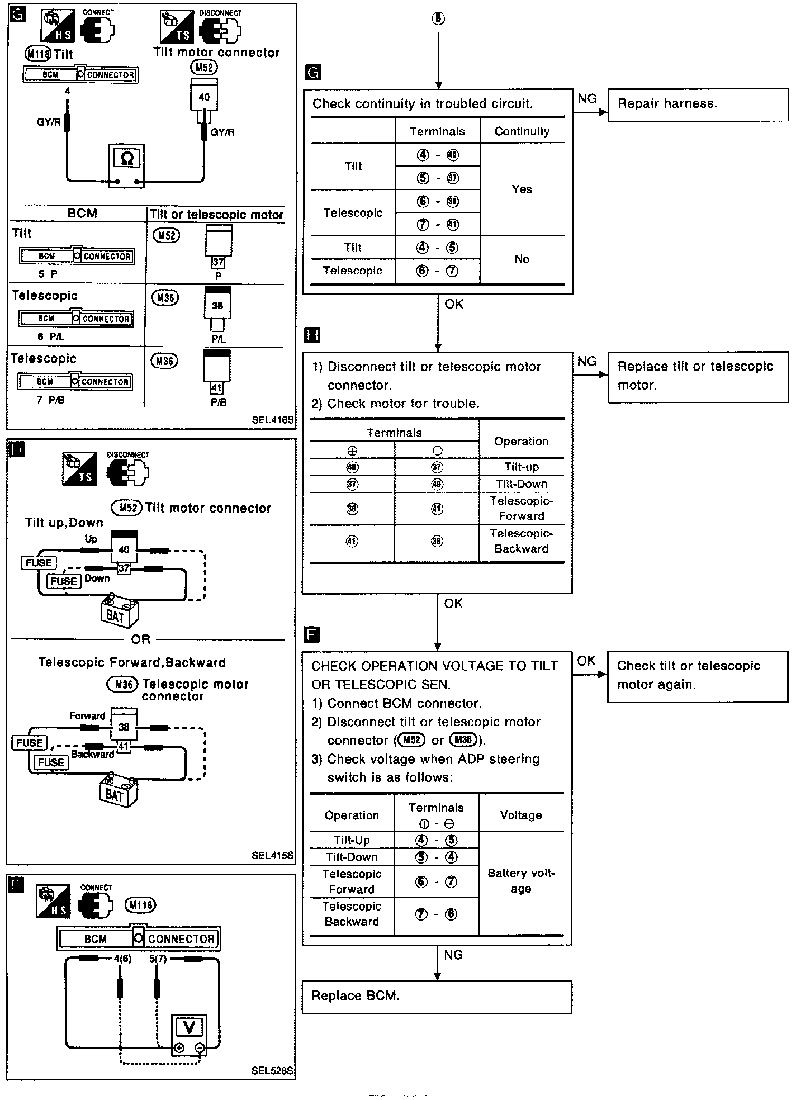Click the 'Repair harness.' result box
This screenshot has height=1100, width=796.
pyautogui.click(x=698, y=105)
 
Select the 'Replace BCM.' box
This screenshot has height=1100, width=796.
pyautogui.click(x=437, y=997)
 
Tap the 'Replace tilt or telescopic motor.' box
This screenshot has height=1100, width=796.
pyautogui.click(x=698, y=376)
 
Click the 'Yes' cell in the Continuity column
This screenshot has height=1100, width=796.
pyautogui.click(x=522, y=189)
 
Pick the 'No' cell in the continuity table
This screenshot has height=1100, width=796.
pyautogui.click(x=522, y=259)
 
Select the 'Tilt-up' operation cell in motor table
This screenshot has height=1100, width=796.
pyautogui.click(x=521, y=467)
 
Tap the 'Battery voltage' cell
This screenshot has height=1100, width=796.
pyautogui.click(x=521, y=881)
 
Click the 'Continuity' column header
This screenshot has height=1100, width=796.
pyautogui.click(x=522, y=131)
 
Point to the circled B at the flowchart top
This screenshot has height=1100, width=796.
pyautogui.click(x=438, y=19)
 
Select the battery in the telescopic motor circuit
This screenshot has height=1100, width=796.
pyautogui.click(x=118, y=790)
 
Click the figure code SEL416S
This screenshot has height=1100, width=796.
pyautogui.click(x=272, y=420)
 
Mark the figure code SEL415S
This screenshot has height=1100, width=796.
pyautogui.click(x=272, y=856)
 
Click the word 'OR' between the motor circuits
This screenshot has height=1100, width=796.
pyautogui.click(x=141, y=639)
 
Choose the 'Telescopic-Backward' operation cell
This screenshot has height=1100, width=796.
pyautogui.click(x=521, y=541)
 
